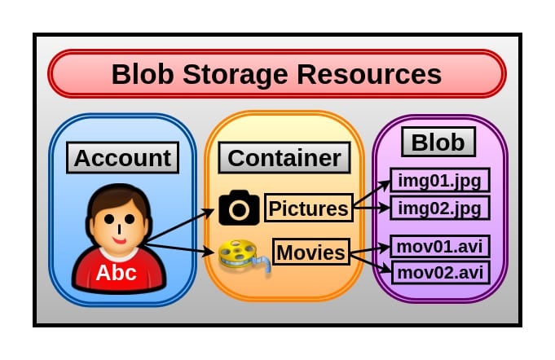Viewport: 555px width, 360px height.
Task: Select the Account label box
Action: click(123, 157)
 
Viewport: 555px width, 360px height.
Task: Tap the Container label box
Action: click(284, 157)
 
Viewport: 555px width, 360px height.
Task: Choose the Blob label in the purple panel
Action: click(438, 143)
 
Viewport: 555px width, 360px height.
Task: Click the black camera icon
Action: click(239, 209)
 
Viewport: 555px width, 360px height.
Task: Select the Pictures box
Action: click(308, 209)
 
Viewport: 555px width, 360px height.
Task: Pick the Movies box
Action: click(311, 252)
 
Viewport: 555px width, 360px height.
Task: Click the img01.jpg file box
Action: click(440, 180)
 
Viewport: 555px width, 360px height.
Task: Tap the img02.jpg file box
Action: click(440, 208)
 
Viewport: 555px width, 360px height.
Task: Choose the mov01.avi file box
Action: click(440, 245)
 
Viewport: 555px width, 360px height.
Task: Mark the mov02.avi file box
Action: click(440, 271)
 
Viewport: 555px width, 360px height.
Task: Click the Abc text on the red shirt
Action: click(116, 273)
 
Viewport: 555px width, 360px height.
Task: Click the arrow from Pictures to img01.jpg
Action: click(372, 192)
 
